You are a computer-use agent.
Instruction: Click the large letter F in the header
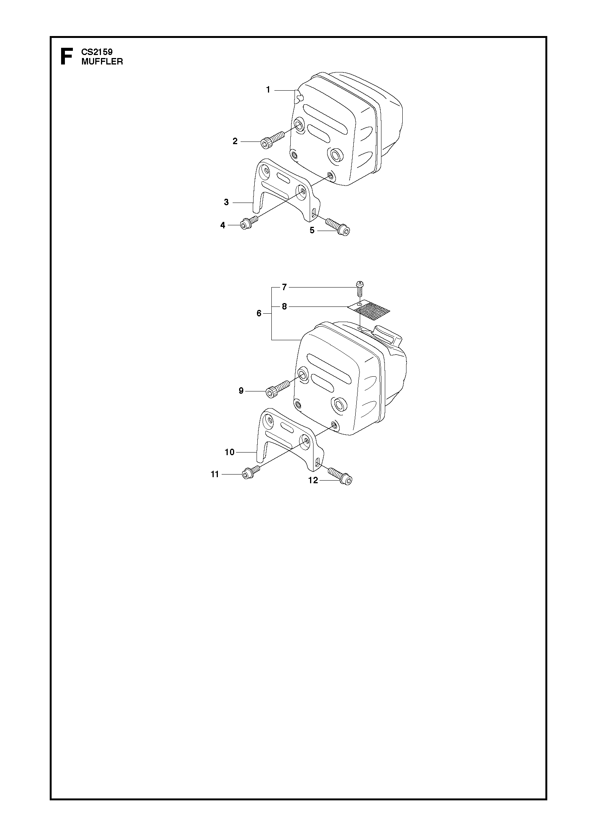pyautogui.click(x=66, y=57)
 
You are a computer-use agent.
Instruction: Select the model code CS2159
pyautogui.click(x=97, y=52)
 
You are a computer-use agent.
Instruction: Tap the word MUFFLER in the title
pyautogui.click(x=102, y=61)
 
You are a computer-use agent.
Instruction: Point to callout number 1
pyautogui.click(x=268, y=90)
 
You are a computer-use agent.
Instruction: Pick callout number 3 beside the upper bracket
pyautogui.click(x=226, y=202)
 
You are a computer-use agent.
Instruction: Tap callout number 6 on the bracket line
pyautogui.click(x=259, y=313)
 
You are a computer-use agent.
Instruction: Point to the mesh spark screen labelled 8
pyautogui.click(x=369, y=309)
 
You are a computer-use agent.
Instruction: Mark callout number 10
pyautogui.click(x=230, y=452)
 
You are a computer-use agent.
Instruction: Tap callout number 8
pyautogui.click(x=284, y=306)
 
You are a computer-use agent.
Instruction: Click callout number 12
pyautogui.click(x=313, y=480)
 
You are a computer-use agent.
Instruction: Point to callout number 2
pyautogui.click(x=235, y=141)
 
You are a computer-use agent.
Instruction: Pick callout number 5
pyautogui.click(x=312, y=230)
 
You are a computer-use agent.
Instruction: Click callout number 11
pyautogui.click(x=215, y=474)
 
